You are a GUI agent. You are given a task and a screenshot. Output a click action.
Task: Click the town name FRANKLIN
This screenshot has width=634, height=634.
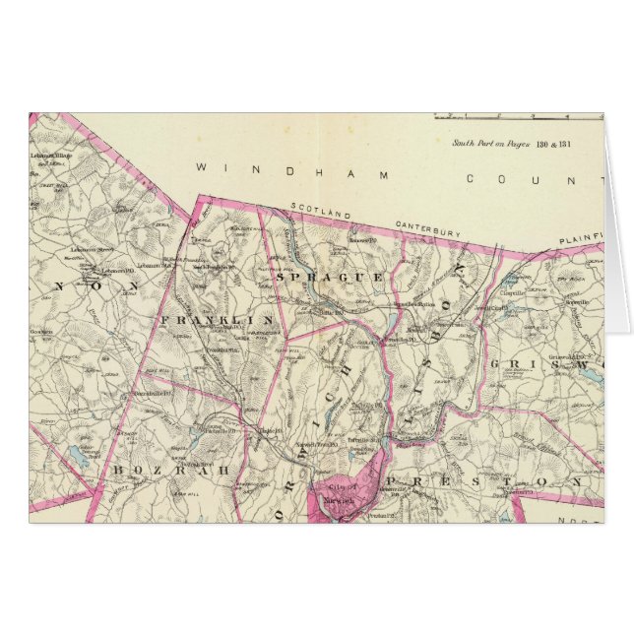pos(213,321)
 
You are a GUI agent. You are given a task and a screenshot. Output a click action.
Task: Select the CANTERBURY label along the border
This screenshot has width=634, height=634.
pos(427,229)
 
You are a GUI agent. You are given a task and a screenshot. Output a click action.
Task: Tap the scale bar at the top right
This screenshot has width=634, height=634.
pos(517,117)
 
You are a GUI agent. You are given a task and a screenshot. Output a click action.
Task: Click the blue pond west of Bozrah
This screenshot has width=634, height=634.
pos(77,455)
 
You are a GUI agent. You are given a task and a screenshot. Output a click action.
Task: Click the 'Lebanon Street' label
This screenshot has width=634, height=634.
pos(92,251)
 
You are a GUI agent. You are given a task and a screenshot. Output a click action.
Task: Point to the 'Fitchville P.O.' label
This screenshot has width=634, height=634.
pos(222,430)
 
